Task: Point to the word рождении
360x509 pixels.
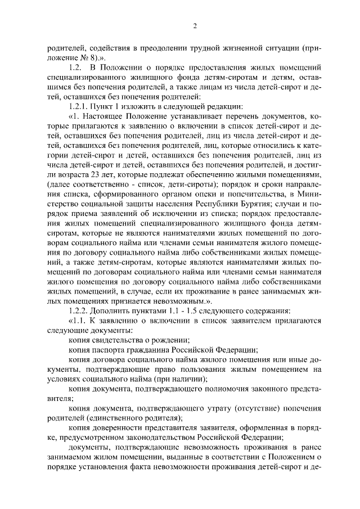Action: click(x=172, y=339)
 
